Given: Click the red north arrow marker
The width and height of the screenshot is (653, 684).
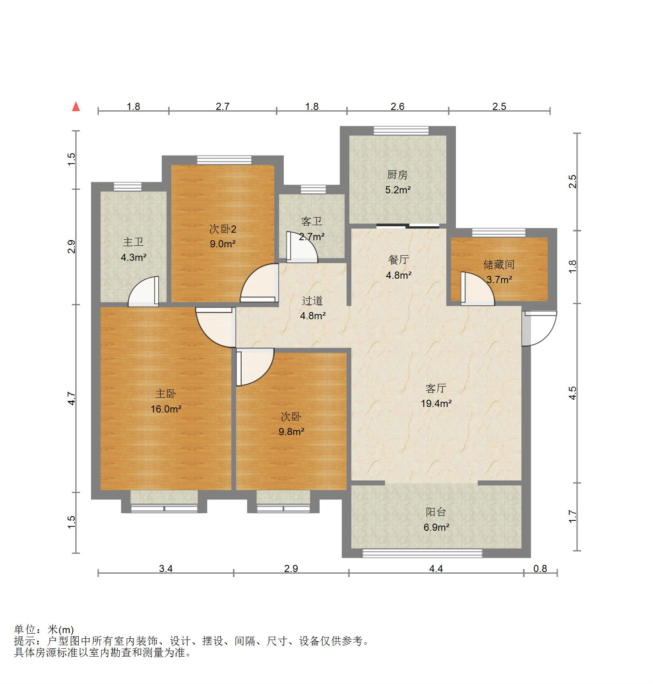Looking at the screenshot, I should click(x=76, y=107).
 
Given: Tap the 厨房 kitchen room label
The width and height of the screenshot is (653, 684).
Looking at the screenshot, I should click(x=397, y=175).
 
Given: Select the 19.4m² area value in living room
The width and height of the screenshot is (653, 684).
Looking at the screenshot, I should click(x=436, y=404).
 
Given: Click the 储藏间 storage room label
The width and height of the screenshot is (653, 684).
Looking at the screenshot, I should click(x=499, y=264).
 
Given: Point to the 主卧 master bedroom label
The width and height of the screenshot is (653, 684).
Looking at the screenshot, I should click(x=165, y=394).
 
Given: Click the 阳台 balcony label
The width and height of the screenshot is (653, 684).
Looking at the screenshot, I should click(x=436, y=512).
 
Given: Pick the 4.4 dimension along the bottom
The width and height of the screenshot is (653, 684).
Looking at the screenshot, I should click(x=436, y=569).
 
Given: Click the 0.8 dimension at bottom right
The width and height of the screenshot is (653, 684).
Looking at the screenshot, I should click(x=540, y=569).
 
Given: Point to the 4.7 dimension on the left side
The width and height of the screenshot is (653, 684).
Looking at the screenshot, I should click(x=72, y=398).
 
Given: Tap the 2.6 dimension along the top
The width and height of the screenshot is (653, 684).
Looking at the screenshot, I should click(x=397, y=106).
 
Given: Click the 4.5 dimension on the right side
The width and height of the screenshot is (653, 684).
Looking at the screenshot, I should click(x=572, y=393).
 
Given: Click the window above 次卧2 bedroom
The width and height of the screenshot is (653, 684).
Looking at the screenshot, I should click(x=225, y=160).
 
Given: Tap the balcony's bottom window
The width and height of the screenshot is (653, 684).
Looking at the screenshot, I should click(x=422, y=553).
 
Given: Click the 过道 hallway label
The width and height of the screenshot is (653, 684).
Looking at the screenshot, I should click(x=312, y=301).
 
